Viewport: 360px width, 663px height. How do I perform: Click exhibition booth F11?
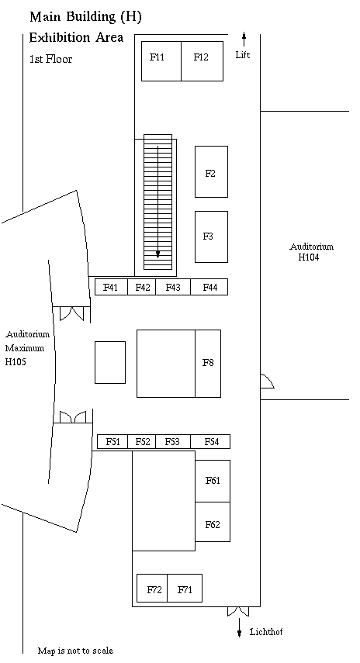click(x=161, y=61)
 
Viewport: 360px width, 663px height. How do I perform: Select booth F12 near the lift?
click(x=202, y=61)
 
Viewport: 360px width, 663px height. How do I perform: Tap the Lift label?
click(x=243, y=55)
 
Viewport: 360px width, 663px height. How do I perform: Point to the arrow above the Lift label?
click(x=244, y=40)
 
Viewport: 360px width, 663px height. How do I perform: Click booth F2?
click(x=211, y=171)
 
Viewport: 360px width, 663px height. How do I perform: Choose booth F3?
click(x=211, y=237)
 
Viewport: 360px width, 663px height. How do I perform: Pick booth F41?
click(x=111, y=287)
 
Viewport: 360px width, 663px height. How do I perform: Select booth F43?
click(x=173, y=287)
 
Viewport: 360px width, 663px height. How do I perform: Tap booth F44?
click(x=209, y=287)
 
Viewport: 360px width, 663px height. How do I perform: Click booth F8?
click(x=208, y=363)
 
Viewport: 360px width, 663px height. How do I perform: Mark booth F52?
click(x=142, y=441)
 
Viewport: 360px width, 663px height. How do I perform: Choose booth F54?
click(x=210, y=441)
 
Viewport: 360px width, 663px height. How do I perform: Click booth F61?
click(x=213, y=481)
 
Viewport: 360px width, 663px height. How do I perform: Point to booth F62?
click(x=213, y=522)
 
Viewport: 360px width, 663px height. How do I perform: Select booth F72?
click(x=152, y=588)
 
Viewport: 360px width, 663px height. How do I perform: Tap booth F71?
click(x=185, y=588)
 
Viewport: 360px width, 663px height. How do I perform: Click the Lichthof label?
click(x=266, y=632)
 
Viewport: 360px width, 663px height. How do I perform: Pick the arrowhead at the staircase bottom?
click(x=157, y=254)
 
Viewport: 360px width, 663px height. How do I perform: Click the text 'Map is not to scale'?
click(x=75, y=651)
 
